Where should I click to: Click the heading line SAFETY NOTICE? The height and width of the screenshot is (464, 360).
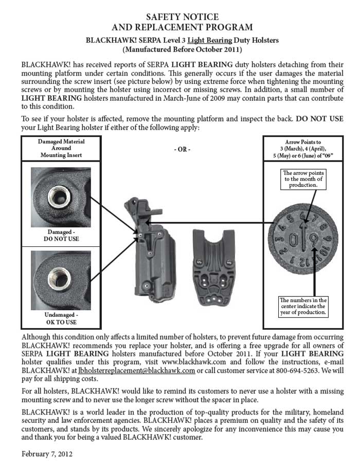point(182,16)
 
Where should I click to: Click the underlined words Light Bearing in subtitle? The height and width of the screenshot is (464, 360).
point(210,40)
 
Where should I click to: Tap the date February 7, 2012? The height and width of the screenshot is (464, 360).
point(47,454)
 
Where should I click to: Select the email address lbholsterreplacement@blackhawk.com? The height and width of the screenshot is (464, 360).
point(137,370)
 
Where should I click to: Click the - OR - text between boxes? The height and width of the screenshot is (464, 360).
point(182,149)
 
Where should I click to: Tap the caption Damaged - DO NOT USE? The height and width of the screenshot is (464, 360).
point(61,235)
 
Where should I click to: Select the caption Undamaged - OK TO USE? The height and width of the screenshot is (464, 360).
point(61,318)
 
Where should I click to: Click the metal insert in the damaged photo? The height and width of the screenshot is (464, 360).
point(59,197)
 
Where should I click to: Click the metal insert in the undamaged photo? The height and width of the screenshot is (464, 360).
point(60,278)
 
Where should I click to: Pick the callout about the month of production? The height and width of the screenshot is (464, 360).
point(303,179)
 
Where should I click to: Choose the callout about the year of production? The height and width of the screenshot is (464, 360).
point(303,306)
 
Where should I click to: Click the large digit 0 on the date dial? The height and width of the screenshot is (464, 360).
point(293,240)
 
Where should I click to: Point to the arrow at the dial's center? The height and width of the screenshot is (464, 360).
point(303,236)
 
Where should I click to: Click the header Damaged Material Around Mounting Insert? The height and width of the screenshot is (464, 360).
point(61,148)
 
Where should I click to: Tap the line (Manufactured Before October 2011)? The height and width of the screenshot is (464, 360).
point(182,49)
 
